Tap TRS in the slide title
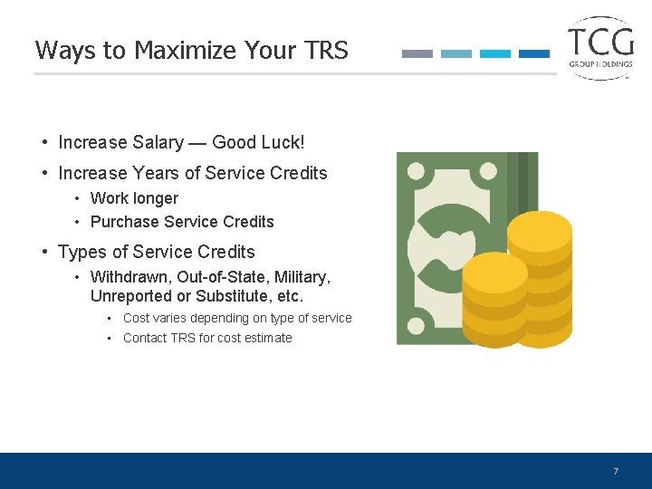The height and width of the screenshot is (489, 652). click(326, 51)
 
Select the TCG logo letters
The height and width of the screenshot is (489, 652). click(600, 41)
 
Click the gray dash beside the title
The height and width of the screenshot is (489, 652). click(417, 54)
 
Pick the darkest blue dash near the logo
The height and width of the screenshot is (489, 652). click(534, 54)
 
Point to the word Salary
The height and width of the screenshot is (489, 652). click(158, 143)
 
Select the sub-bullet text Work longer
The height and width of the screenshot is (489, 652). click(134, 198)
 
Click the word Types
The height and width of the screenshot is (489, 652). click(81, 252)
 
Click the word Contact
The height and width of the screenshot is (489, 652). click(145, 338)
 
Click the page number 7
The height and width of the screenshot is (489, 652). click(616, 472)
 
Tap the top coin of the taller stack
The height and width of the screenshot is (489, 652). click(540, 228)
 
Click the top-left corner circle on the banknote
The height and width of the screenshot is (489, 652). click(417, 171)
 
